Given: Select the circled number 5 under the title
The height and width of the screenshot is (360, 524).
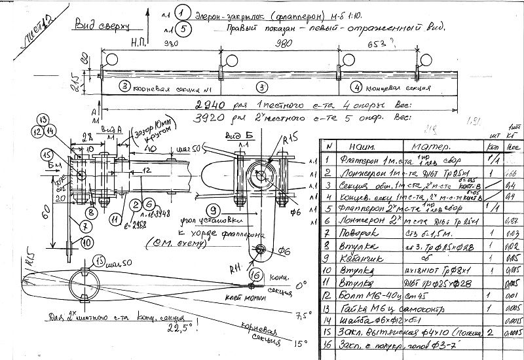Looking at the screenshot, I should click(184, 29).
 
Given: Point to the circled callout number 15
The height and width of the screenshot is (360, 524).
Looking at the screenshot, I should click(47, 154).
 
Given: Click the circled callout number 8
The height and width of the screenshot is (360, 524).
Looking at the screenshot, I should click(91, 212).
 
